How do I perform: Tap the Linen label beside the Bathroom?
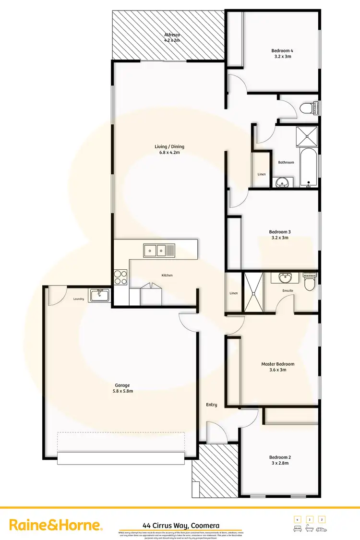click(x=262, y=174)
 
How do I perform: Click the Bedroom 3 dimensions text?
click(x=280, y=238)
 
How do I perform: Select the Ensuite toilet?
click(x=309, y=283)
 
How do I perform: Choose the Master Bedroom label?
click(x=278, y=364)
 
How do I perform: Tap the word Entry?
click(x=212, y=405)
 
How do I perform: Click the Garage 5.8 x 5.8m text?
click(x=122, y=391)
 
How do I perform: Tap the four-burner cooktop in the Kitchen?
click(x=120, y=278)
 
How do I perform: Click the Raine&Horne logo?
click(x=56, y=525)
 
